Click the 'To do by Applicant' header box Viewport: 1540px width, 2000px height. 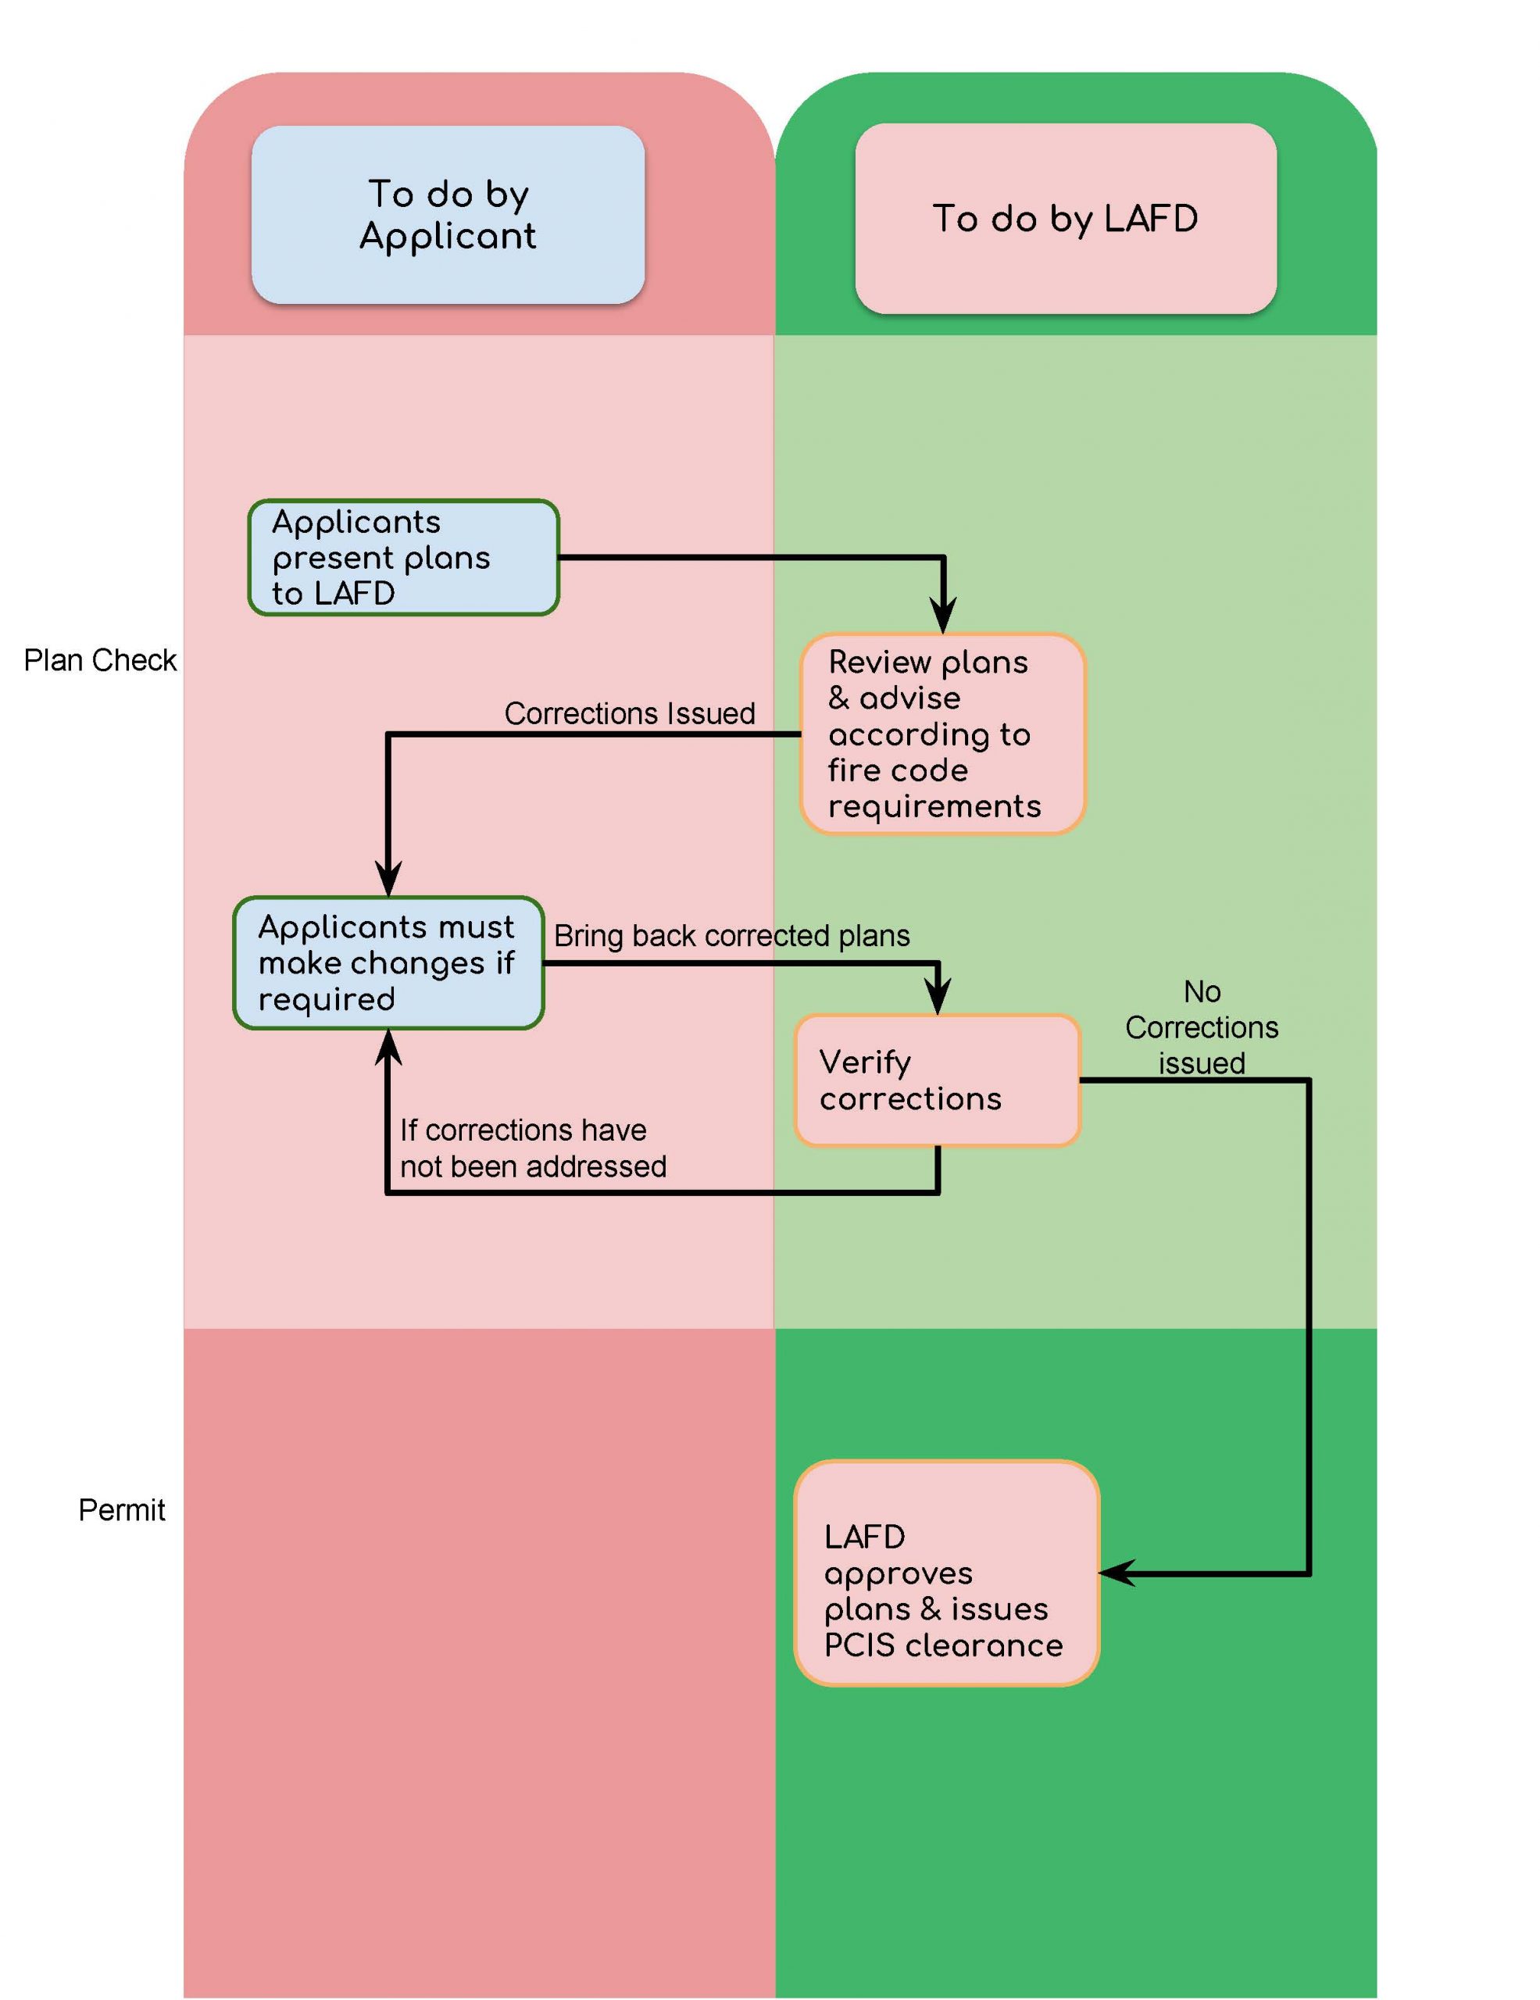pyautogui.click(x=448, y=215)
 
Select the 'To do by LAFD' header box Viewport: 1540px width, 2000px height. pyautogui.click(x=1065, y=219)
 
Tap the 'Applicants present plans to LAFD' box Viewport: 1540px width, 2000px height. pyautogui.click(x=403, y=557)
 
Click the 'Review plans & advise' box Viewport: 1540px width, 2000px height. pyautogui.click(x=942, y=734)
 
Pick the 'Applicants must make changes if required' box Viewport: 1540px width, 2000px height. pyautogui.click(x=388, y=962)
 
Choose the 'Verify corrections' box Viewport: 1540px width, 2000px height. pyautogui.click(x=937, y=1080)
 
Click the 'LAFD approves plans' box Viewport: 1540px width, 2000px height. pyautogui.click(x=945, y=1573)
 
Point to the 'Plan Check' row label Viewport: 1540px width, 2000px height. pyautogui.click(x=100, y=660)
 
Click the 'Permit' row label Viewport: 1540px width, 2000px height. pyautogui.click(x=122, y=1510)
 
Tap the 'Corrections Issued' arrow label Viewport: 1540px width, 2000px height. pyautogui.click(x=629, y=713)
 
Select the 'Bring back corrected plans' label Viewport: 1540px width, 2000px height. pyautogui.click(x=731, y=935)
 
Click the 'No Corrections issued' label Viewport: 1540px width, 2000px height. pyautogui.click(x=1201, y=1027)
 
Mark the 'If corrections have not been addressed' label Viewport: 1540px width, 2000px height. pyautogui.click(x=533, y=1148)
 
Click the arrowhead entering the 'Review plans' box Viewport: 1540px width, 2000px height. pyautogui.click(x=943, y=616)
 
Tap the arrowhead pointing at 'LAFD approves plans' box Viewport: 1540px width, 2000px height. pyautogui.click(x=1116, y=1573)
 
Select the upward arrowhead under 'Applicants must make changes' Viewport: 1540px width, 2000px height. pyautogui.click(x=388, y=1047)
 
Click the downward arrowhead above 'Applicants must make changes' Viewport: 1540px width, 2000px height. pyautogui.click(x=388, y=879)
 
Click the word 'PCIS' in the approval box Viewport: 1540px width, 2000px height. pyautogui.click(x=859, y=1645)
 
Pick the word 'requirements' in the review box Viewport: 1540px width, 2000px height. pyautogui.click(x=934, y=806)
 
